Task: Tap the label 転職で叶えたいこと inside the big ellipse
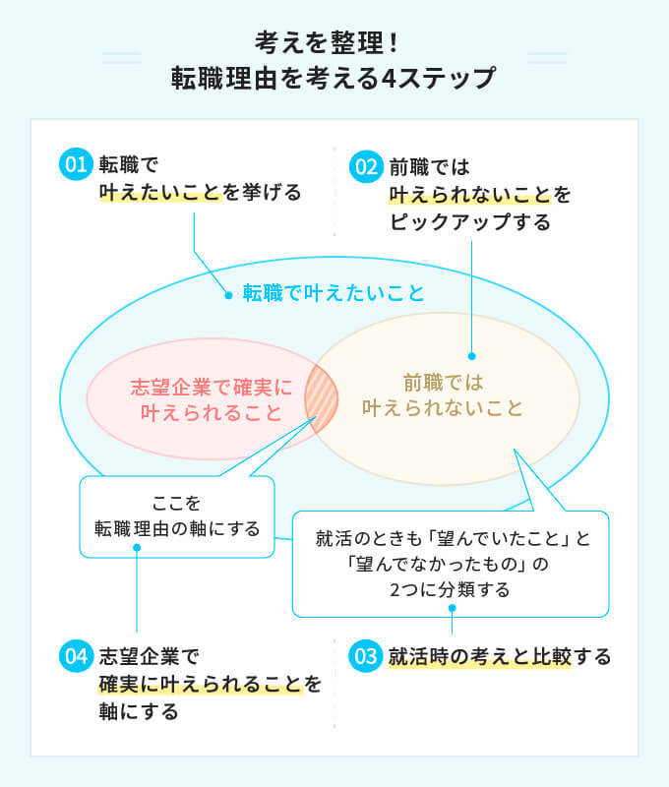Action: coord(334,293)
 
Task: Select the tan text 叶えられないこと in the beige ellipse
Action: coord(443,407)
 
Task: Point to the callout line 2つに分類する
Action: coord(452,590)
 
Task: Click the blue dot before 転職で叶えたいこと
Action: coord(228,293)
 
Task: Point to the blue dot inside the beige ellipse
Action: coord(472,356)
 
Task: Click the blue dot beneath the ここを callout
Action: coord(137,548)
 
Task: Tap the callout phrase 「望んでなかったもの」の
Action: coord(453,566)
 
